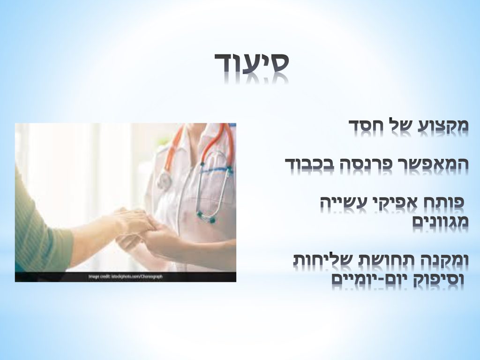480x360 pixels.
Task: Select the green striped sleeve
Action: [40, 234]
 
